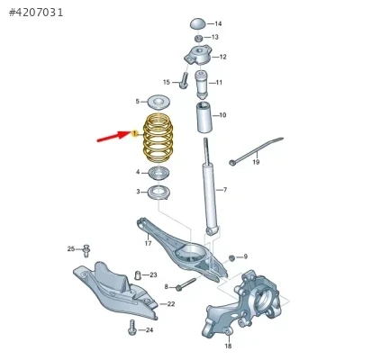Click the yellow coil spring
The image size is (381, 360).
158,138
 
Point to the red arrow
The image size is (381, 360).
113,136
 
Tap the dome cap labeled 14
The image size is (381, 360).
198,23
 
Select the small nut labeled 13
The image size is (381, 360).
198,38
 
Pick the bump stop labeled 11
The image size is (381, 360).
201,85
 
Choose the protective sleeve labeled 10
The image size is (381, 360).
204,117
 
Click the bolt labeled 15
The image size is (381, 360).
184,80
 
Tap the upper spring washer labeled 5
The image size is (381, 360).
159,103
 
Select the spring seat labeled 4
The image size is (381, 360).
159,173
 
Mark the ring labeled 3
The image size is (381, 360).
159,192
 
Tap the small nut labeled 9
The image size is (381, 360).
231,257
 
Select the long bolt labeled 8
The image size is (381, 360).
186,284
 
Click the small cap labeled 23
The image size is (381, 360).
137,275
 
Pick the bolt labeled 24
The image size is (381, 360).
132,328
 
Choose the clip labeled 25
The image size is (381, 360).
86,251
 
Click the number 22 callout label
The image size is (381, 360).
171,304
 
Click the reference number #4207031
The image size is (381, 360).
36,13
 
